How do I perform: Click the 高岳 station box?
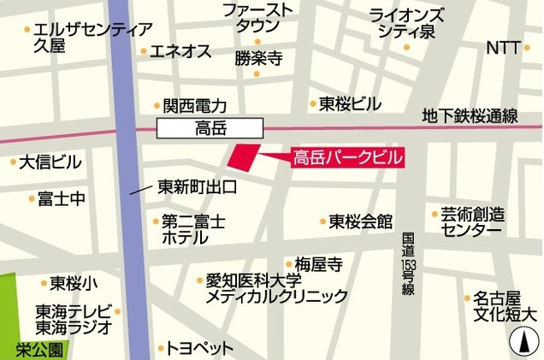[x=210, y=129]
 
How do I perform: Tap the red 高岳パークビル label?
[x=347, y=158]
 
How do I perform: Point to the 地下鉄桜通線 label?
[x=482, y=116]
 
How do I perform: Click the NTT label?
[x=503, y=48]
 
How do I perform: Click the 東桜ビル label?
[x=350, y=103]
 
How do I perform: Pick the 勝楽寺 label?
[x=258, y=59]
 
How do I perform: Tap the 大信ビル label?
[x=50, y=162]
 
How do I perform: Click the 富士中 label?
[x=61, y=199]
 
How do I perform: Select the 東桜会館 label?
[x=361, y=221]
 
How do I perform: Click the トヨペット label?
[x=199, y=349]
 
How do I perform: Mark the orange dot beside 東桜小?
[x=43, y=283]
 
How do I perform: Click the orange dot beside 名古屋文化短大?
[x=467, y=298]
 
